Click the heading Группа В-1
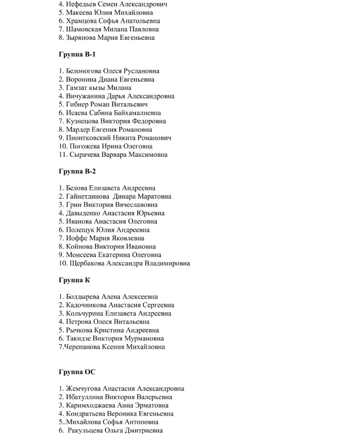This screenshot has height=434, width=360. [77, 54]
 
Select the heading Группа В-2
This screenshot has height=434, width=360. [77, 171]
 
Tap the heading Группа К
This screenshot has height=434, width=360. [74, 280]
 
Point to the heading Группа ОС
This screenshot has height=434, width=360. [77, 372]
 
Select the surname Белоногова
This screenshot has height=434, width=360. [84, 71]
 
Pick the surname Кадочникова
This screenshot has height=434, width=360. [86, 305]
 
